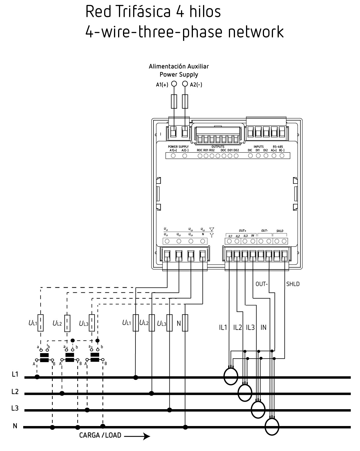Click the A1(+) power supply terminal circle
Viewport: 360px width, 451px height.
tap(174, 84)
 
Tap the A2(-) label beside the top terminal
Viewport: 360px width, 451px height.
tap(196, 85)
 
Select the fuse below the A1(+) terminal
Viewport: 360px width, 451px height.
tap(174, 101)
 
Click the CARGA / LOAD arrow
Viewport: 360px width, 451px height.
tap(137, 436)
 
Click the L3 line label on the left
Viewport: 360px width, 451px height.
tap(15, 408)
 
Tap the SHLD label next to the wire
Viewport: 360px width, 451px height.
tap(293, 284)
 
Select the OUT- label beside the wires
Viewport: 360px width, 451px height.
tap(262, 284)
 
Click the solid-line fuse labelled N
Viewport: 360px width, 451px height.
tap(185, 323)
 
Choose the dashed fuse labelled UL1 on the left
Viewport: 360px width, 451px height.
tap(41, 323)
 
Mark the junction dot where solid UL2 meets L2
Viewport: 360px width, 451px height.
tap(151, 393)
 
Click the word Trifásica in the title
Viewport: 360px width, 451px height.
tap(143, 12)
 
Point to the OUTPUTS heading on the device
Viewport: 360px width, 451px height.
tap(218, 147)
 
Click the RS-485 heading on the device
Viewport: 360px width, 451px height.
tap(278, 147)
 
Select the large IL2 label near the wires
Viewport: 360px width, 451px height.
tap(238, 327)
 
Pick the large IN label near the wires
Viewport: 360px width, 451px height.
tap(263, 327)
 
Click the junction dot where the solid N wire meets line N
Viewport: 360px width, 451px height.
tap(185, 427)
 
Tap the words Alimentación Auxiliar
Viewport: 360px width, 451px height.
tap(179, 67)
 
